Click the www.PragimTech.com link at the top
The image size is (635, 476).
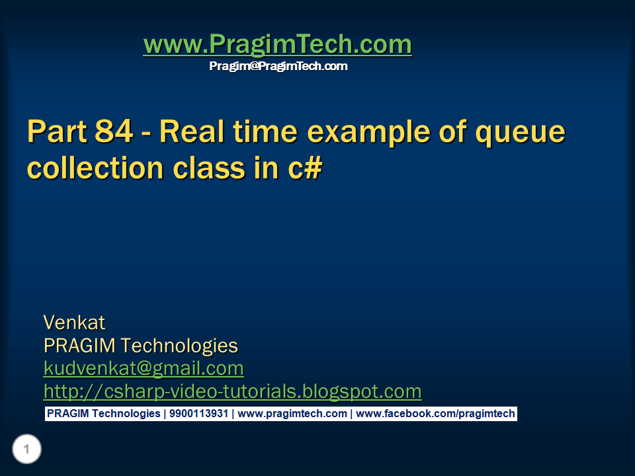277,45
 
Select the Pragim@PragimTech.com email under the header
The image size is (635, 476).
278,66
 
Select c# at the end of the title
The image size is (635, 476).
305,167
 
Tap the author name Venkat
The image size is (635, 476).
74,323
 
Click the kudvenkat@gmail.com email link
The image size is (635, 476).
144,368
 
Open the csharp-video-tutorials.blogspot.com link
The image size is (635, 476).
232,391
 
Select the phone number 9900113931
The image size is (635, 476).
198,414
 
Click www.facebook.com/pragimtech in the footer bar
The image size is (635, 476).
435,414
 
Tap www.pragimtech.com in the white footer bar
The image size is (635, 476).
292,414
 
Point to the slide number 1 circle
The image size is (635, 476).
26,450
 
